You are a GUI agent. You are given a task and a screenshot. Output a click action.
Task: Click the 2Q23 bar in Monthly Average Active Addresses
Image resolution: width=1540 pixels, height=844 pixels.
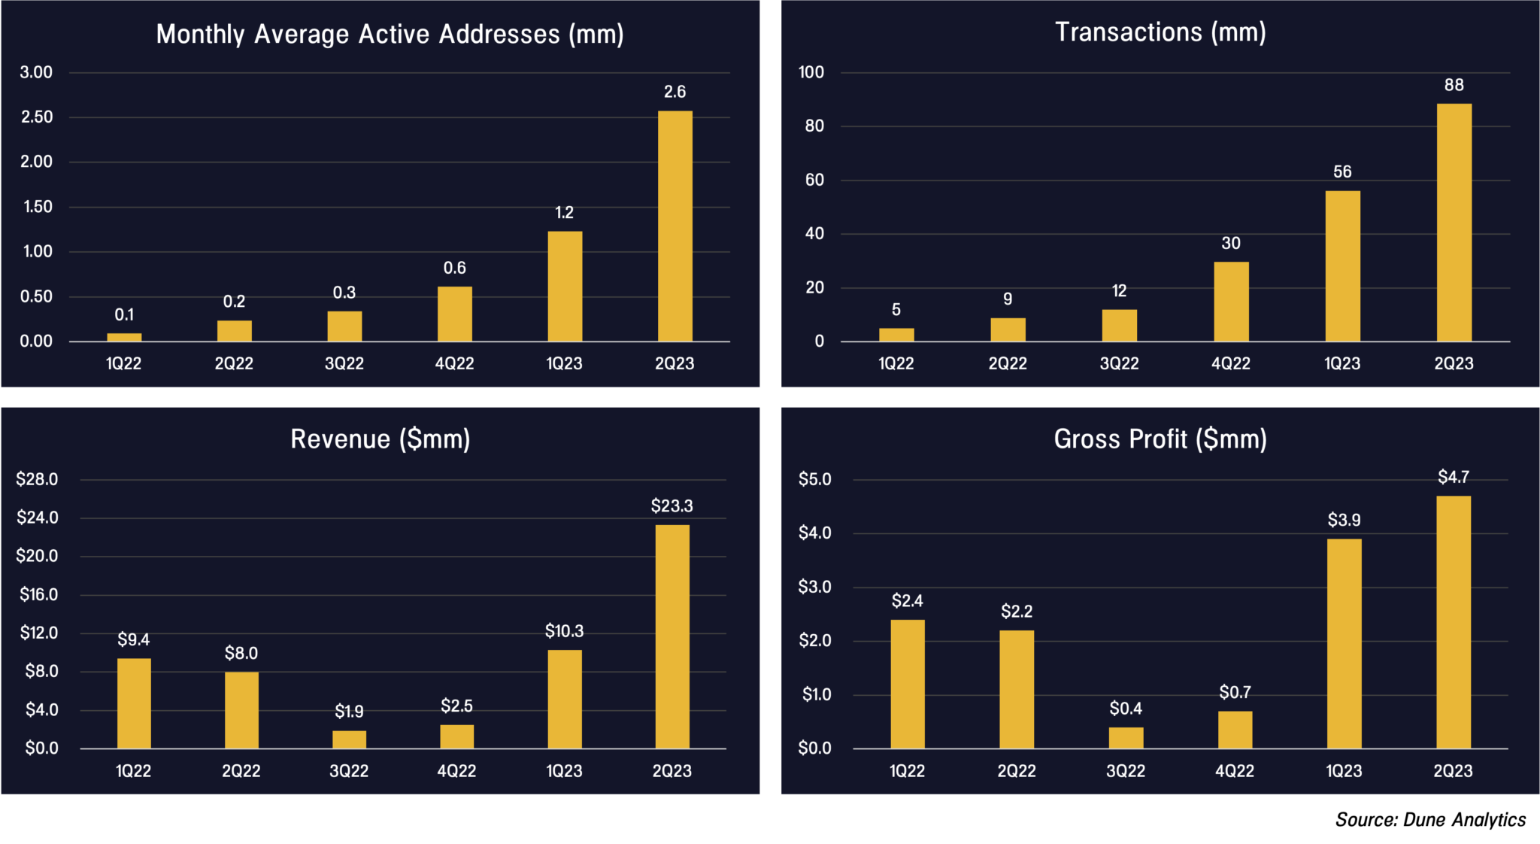[x=675, y=226]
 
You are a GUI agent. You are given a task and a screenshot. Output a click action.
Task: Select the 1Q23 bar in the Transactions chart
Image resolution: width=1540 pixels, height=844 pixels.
[x=1342, y=266]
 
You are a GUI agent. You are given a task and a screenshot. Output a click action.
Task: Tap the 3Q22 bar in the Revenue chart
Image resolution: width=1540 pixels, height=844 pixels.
[x=349, y=739]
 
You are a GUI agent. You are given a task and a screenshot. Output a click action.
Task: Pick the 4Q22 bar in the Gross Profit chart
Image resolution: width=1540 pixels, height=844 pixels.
[x=1235, y=730]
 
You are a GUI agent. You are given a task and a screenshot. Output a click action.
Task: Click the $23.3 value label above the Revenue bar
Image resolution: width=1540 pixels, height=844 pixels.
[x=671, y=505]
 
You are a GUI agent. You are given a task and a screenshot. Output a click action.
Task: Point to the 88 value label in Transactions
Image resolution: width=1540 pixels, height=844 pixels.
[x=1454, y=85]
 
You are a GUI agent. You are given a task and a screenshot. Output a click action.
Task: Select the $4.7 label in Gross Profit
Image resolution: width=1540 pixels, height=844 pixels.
[x=1453, y=477]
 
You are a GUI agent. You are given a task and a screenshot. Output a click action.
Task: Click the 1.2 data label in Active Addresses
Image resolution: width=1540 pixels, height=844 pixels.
[x=564, y=212]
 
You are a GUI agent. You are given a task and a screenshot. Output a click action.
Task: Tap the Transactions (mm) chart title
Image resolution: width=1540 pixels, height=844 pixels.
[x=1160, y=32]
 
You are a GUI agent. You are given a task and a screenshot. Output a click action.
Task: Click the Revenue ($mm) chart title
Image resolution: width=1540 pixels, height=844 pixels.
[x=380, y=439]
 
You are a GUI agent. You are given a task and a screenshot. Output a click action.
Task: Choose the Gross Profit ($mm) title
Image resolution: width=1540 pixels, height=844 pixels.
[x=1160, y=439]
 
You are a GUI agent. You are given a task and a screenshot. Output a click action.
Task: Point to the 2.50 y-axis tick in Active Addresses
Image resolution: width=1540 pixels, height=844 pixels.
[x=36, y=117]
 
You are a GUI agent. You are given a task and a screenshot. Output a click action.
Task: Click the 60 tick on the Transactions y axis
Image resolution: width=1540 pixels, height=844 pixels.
[x=814, y=180]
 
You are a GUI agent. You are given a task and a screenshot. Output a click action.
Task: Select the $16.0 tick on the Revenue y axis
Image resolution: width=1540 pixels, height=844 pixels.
[x=38, y=594]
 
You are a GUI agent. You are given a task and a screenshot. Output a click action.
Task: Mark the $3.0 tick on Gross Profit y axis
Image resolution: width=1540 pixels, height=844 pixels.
[x=814, y=587]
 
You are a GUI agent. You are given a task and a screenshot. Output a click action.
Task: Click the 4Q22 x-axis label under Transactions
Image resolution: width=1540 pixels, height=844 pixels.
[x=1230, y=363]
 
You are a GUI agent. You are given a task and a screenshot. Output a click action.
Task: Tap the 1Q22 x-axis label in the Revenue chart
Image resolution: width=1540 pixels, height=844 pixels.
[x=133, y=770]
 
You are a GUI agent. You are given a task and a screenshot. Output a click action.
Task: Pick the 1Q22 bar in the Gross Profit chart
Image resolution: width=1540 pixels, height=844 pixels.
[x=908, y=684]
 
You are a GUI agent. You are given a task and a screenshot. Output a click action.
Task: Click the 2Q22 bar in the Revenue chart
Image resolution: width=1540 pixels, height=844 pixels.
[x=241, y=710]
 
